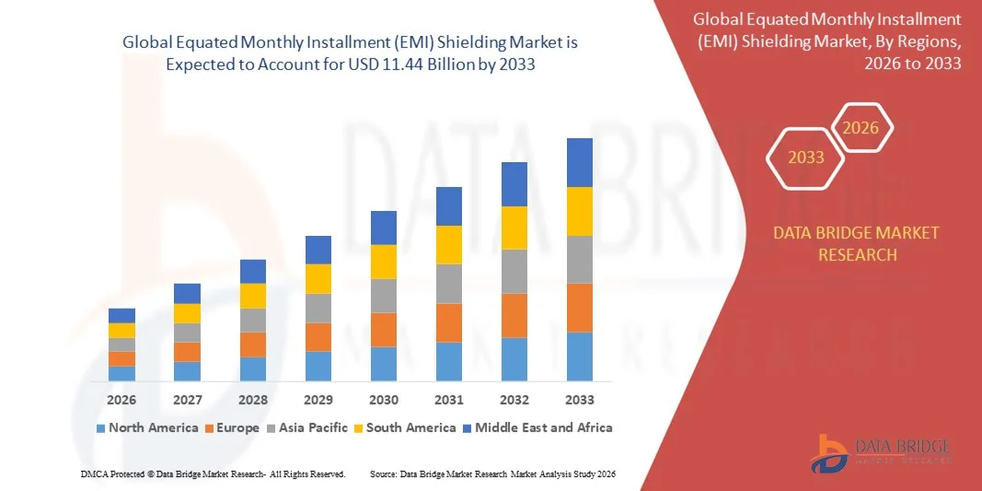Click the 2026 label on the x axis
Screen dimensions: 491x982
[x=121, y=400]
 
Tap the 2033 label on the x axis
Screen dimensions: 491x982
[x=580, y=400]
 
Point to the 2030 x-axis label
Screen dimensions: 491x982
[x=384, y=400]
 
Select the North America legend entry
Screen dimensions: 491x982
[x=146, y=427]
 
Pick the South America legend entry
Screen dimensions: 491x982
[x=405, y=427]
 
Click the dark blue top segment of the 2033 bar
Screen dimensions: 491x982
[x=580, y=162]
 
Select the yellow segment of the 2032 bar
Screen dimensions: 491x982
[x=514, y=228]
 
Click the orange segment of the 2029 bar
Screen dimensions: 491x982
[x=318, y=337]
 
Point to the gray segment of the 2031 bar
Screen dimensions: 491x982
[x=449, y=284]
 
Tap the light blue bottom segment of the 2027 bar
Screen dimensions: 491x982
[x=187, y=371]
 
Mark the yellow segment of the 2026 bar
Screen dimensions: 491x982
[x=121, y=330]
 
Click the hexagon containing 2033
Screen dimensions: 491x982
[x=806, y=158]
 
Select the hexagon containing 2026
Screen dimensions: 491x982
[x=861, y=128]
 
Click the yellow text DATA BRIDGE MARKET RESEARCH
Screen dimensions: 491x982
[x=857, y=243]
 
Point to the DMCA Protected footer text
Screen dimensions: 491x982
[x=213, y=473]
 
